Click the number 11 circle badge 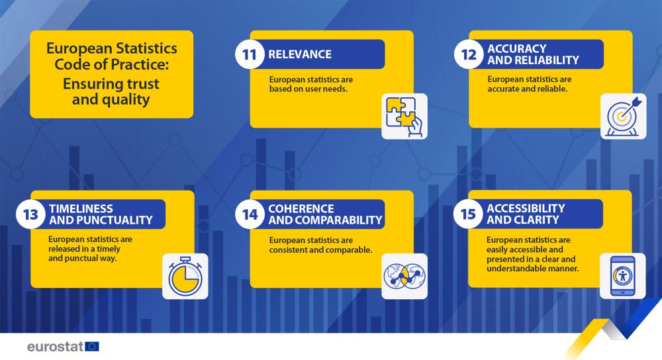[x=250, y=54]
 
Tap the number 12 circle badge [x=469, y=54]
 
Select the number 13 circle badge [x=30, y=214]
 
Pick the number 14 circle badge [x=250, y=214]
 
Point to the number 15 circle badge [x=468, y=214]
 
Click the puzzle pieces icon [x=404, y=116]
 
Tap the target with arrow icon [x=624, y=116]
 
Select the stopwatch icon [x=185, y=277]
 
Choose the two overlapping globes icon [x=404, y=277]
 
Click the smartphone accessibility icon [x=623, y=276]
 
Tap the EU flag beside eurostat [x=92, y=347]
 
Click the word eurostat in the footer [x=56, y=347]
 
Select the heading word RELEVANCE [x=300, y=54]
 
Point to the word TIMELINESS [x=81, y=208]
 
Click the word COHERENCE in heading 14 [x=301, y=208]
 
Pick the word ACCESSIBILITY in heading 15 [x=526, y=208]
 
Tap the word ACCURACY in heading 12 [x=517, y=48]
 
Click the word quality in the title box [x=128, y=100]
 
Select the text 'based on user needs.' [x=308, y=89]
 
